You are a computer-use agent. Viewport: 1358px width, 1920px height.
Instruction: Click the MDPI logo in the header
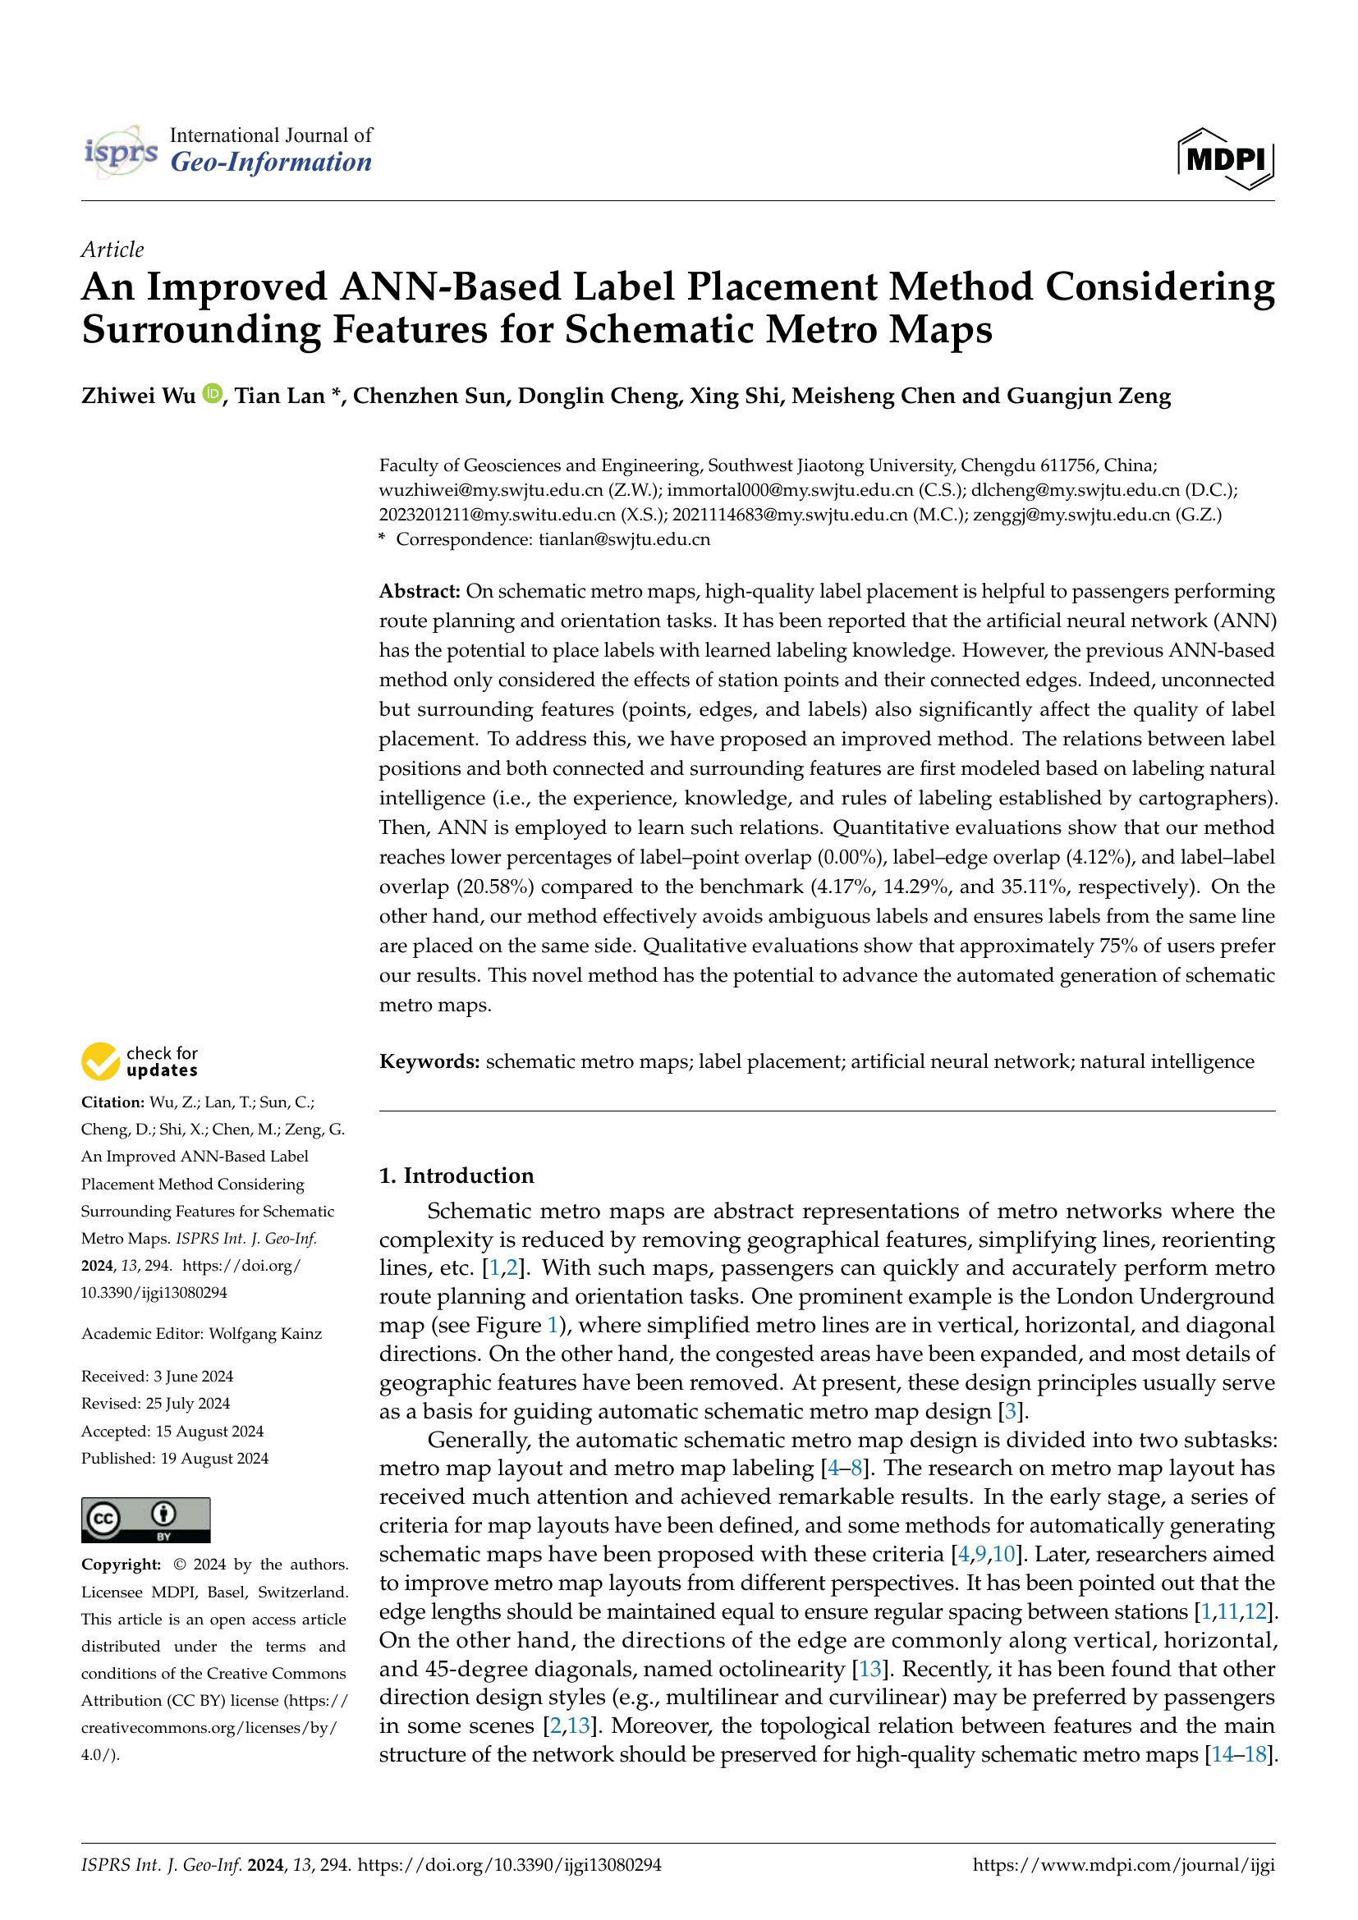point(1225,157)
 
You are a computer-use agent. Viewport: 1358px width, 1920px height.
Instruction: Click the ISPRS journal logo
point(122,150)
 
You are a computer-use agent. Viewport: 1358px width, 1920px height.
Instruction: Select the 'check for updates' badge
point(140,1061)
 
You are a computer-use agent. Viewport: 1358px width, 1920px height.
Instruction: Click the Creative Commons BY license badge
point(145,1520)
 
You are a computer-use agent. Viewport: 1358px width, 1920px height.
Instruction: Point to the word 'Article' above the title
point(112,250)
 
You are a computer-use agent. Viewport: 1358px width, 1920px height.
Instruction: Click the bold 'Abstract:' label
point(420,592)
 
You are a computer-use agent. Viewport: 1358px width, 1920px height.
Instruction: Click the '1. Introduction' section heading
point(456,1175)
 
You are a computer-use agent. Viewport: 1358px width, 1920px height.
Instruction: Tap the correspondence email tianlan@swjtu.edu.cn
point(624,539)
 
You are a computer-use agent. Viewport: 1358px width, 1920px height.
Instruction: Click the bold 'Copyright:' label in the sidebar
point(121,1565)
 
